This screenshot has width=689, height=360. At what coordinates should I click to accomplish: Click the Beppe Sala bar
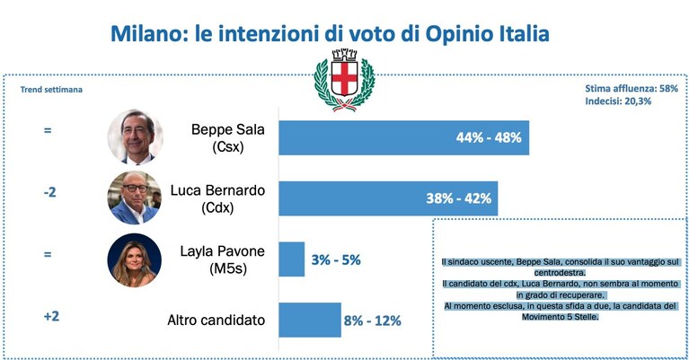(x=404, y=138)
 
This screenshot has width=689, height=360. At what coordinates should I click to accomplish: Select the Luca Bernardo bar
(x=388, y=198)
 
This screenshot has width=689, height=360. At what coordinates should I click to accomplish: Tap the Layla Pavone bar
(x=292, y=259)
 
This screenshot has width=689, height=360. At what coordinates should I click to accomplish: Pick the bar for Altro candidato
(x=310, y=320)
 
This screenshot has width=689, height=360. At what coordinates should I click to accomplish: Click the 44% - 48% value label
(x=489, y=138)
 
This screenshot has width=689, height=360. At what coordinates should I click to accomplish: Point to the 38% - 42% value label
(x=459, y=198)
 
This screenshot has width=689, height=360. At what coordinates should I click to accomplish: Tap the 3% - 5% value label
(x=336, y=260)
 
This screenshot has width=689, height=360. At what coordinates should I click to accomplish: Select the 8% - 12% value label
(x=372, y=320)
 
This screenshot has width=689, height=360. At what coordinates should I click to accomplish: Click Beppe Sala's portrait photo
(x=135, y=137)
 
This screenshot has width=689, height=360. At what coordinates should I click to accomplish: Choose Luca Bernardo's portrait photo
(x=135, y=198)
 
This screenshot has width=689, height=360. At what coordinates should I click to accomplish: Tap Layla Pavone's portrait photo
(x=135, y=260)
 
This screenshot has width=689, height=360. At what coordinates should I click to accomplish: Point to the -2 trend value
(x=49, y=192)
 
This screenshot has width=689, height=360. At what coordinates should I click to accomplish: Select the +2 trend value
(x=51, y=316)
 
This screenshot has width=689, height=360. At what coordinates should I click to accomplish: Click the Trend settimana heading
(x=51, y=90)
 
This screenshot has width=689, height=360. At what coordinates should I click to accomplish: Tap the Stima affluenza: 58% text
(x=632, y=88)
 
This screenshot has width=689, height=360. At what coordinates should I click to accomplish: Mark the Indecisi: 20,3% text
(x=618, y=101)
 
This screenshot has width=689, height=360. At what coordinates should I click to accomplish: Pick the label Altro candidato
(x=216, y=320)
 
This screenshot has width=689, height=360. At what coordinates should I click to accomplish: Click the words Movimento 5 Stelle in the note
(x=561, y=317)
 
